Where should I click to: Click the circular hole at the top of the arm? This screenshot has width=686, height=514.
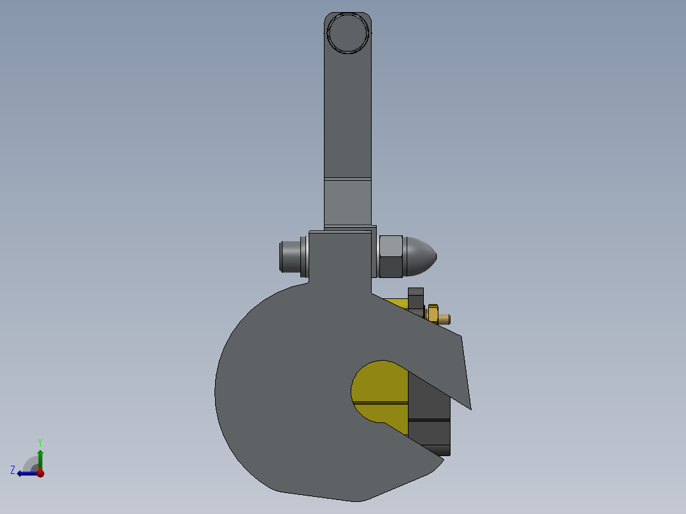pos(348,33)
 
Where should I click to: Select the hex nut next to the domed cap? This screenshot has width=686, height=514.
pos(391,257)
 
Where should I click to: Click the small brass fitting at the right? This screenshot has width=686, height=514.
pos(434,314)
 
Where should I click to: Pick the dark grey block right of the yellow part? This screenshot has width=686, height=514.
pos(429,420)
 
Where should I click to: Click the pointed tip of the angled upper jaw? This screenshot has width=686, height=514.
pos(470,406)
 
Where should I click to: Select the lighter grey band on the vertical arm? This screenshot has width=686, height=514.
pos(347,200)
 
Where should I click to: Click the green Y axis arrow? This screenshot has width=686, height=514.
pos(40,457)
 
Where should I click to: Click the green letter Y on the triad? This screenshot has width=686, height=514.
pos(39,441)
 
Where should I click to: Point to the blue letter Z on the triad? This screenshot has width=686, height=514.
pos(13,469)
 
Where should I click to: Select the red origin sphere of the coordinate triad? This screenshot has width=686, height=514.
pos(40,473)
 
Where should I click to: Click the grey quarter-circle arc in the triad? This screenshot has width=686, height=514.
pos(29,462)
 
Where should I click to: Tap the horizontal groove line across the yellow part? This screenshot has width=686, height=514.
pos(380,403)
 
